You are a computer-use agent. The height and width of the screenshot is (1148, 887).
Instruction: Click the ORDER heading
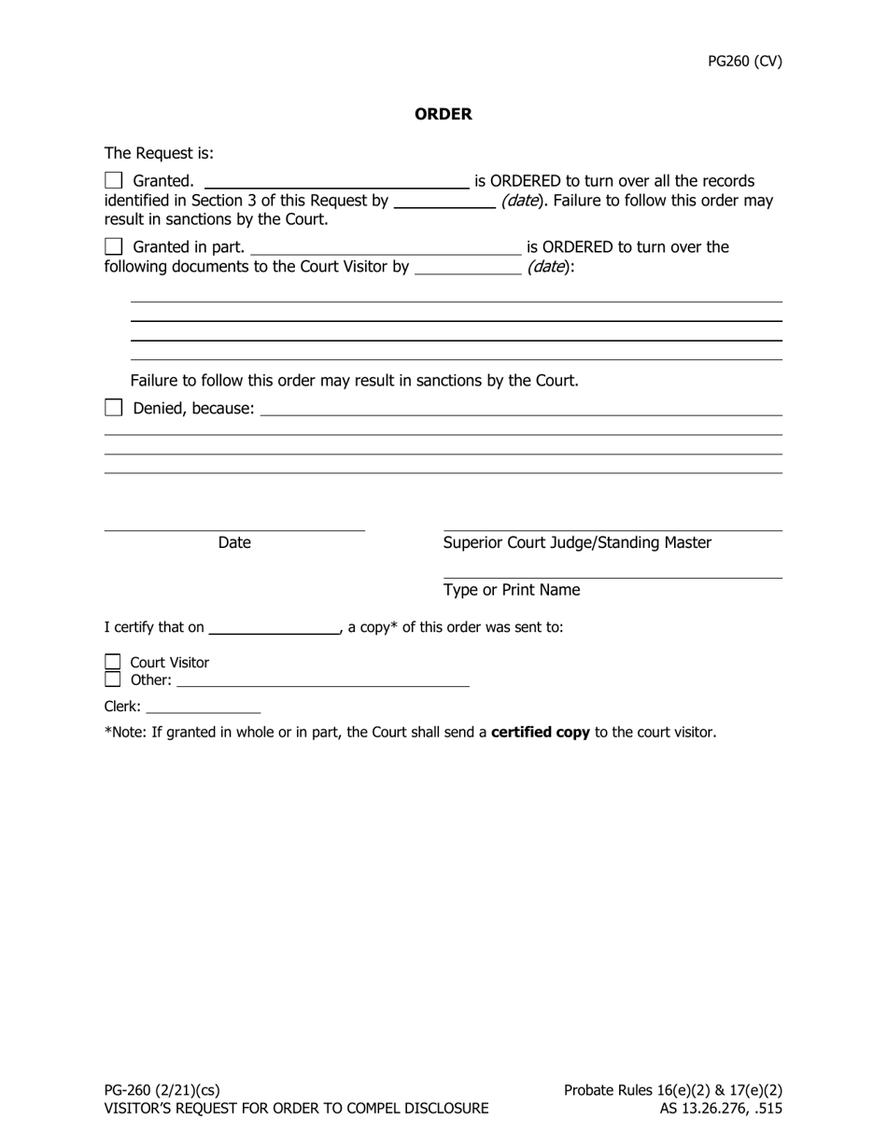pos(443,114)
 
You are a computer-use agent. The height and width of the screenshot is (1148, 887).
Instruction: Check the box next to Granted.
pos(114,180)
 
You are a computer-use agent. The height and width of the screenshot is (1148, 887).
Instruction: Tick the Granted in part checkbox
pos(114,246)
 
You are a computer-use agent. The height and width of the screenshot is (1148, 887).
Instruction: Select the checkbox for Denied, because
pos(114,408)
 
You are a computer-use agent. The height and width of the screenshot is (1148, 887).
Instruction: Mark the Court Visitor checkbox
pos(113,662)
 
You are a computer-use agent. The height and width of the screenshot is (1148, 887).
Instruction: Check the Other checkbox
pos(113,679)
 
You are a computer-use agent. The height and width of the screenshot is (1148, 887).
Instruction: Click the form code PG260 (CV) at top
pos(744,62)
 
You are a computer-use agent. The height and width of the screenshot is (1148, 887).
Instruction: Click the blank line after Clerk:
pos(204,707)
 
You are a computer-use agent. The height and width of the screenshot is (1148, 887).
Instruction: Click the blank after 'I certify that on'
pos(275,627)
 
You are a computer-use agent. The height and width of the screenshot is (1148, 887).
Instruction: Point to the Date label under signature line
pos(234,543)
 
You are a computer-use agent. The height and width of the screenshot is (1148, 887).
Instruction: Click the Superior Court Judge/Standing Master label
pos(577,543)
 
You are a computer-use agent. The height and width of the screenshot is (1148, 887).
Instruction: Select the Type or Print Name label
pos(512,590)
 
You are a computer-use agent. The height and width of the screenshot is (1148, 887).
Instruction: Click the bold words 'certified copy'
pos(540,733)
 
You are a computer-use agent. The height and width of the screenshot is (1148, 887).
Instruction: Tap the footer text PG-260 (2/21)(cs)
pos(162,1090)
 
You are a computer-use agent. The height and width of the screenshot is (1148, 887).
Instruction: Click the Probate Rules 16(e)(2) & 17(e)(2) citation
pos(672,1090)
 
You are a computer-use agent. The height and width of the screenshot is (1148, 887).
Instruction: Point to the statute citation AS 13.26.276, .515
pos(721,1109)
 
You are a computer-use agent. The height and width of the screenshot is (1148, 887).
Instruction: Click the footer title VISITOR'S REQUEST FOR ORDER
pos(296,1109)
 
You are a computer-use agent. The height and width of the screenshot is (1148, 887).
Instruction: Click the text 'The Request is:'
pos(159,153)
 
